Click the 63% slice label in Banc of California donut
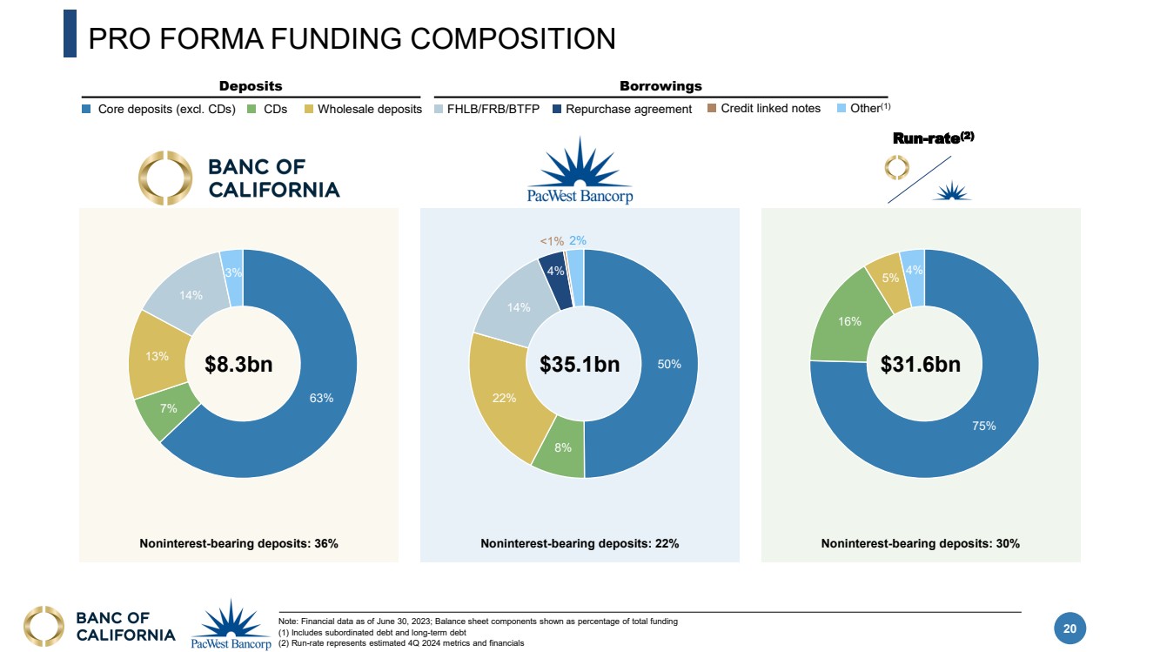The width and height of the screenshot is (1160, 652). (321, 398)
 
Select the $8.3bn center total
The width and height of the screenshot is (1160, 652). (238, 365)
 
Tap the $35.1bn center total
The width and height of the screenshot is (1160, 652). (580, 365)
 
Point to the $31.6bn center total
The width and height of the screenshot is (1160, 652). (921, 365)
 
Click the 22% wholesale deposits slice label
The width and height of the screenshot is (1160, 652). (505, 398)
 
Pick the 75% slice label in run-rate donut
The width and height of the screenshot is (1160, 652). (984, 426)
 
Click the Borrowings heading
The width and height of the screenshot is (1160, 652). (660, 86)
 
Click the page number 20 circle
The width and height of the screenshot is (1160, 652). (1070, 628)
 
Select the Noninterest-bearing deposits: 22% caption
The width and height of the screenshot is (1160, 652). (580, 543)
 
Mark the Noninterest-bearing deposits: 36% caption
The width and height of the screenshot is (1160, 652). (238, 543)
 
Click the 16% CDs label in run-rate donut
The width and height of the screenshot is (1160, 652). (850, 321)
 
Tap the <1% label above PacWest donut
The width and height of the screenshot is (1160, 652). (552, 241)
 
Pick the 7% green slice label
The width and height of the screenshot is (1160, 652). (168, 407)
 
